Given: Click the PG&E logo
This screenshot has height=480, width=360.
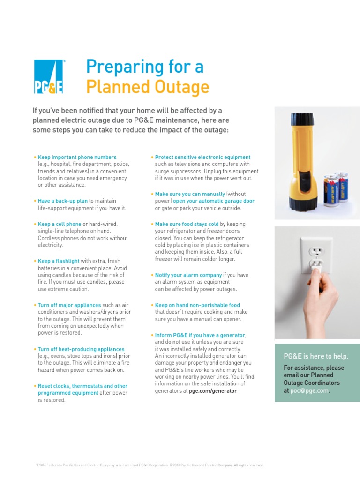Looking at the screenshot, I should pos(49,76).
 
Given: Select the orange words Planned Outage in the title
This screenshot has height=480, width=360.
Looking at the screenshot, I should pos(147,87).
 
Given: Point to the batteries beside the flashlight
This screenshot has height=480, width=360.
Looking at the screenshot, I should pos(336,187).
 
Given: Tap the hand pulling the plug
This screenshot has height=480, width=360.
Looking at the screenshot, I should pos(323,300).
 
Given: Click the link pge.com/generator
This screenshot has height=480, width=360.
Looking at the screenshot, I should pos(213,390).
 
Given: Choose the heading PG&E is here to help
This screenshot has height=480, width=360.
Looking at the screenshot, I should pos(316,357).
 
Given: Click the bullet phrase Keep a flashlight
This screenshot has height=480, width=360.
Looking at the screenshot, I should pos(59,261).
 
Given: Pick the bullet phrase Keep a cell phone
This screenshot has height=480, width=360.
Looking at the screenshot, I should pos(60,224).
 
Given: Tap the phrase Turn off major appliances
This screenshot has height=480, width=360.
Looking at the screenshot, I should pos(69,305).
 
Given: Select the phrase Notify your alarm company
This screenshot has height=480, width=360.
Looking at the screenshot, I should pos(188,275).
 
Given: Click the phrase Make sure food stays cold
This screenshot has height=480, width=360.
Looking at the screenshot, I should pos(187,224).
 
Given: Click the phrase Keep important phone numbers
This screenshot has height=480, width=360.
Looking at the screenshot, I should pos(77,157).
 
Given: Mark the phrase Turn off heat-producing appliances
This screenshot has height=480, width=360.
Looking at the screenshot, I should pos(81,349).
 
